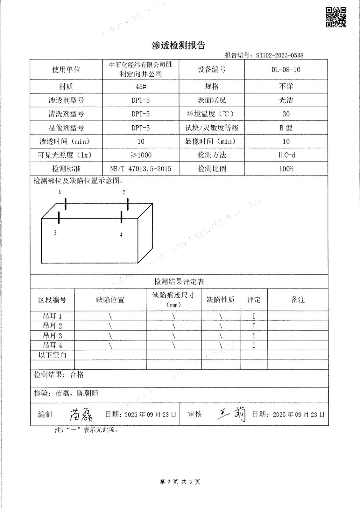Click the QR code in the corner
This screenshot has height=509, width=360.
[x=336, y=17]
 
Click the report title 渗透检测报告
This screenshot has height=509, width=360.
[x=178, y=45]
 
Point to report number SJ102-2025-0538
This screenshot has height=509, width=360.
[x=279, y=55]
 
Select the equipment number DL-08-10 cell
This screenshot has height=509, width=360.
[x=286, y=70]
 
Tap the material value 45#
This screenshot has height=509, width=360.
[x=140, y=87]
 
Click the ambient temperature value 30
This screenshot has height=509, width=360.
[x=286, y=114]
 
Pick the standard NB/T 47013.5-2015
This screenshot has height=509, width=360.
[x=140, y=169]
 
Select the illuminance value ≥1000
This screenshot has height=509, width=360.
[x=141, y=155]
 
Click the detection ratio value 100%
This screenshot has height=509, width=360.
[x=286, y=169]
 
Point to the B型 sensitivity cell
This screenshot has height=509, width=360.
[x=286, y=128]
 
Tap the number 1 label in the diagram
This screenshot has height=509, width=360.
[x=60, y=192]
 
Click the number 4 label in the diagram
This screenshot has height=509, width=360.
[x=121, y=235]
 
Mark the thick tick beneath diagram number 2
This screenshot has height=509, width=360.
[x=128, y=204]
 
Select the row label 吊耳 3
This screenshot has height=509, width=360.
[x=53, y=336]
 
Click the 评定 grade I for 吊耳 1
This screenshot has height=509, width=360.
[x=254, y=316]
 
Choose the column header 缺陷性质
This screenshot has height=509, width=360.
[x=220, y=300]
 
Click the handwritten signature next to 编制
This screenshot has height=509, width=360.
[x=81, y=414]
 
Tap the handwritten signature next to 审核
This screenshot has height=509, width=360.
[x=232, y=414]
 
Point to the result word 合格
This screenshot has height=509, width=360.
[x=77, y=375]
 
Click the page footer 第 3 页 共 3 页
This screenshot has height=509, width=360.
[x=180, y=482]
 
